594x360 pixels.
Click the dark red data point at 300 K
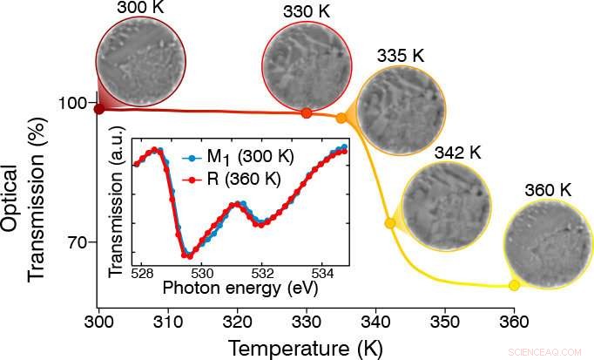[99, 109]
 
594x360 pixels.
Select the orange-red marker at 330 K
[306, 113]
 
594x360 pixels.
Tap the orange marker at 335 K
[341, 117]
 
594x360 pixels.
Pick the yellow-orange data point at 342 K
[390, 223]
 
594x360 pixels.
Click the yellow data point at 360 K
[514, 285]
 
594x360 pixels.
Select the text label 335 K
[401, 55]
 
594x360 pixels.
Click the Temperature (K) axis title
[307, 348]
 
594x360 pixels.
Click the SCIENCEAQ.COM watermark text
[549, 352]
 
